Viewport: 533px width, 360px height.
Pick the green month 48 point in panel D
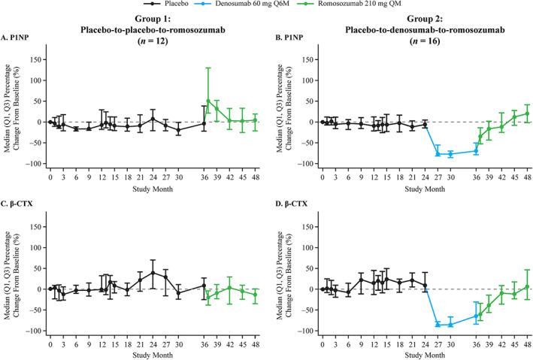pos(527,286)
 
